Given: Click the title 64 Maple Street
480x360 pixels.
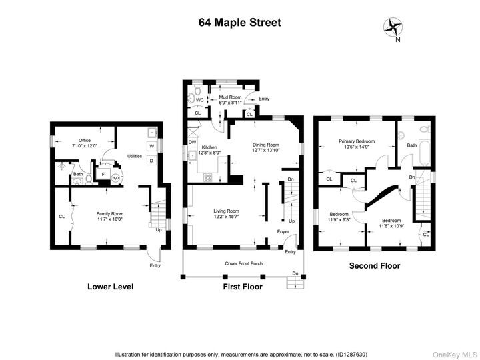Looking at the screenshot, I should pos(240,22).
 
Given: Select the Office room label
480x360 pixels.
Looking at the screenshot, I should pos(84,141).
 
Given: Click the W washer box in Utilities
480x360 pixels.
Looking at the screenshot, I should pos(151,147).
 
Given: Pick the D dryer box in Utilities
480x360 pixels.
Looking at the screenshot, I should pos(151,161).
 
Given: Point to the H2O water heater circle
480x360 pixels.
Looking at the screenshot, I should pos(115,177).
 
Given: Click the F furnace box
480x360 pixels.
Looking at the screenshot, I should pos(103,174).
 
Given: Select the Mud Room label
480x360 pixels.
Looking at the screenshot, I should pos(229,98).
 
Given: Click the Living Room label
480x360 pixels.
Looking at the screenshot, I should pos(225,211).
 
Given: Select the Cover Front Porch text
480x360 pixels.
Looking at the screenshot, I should pos(243,263).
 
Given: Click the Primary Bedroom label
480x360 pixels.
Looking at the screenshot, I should pos(357,141).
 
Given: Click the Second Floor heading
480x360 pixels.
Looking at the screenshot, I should pos(375,265).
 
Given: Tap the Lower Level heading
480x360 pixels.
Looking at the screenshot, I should pos(111,287).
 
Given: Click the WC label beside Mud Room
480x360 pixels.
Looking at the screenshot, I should pos(199,100).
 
